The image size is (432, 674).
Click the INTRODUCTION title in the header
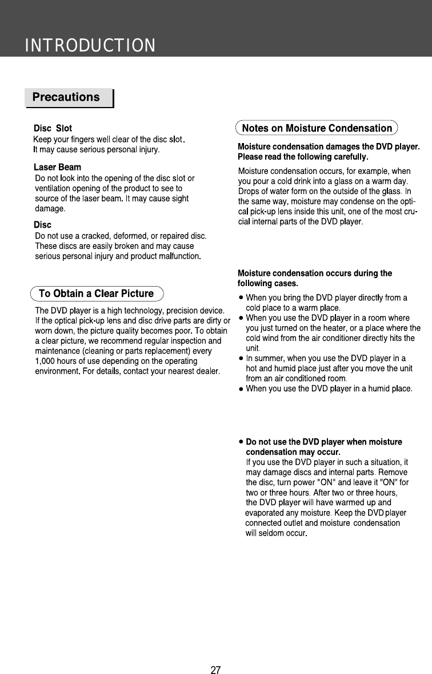tap(90, 45)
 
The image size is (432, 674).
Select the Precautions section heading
tap(66, 97)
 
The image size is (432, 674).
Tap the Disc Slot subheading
tap(53, 128)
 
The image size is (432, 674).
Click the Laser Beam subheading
tap(57, 168)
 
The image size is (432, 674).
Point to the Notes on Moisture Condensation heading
tap(317, 128)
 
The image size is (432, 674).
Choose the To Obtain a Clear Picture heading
tap(96, 294)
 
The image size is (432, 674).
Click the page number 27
tap(215, 670)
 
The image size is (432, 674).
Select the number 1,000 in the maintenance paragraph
tap(46, 361)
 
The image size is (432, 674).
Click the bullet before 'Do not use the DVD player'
tap(241, 442)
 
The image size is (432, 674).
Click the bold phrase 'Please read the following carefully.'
tap(303, 157)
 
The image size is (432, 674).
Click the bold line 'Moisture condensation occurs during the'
tap(314, 273)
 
